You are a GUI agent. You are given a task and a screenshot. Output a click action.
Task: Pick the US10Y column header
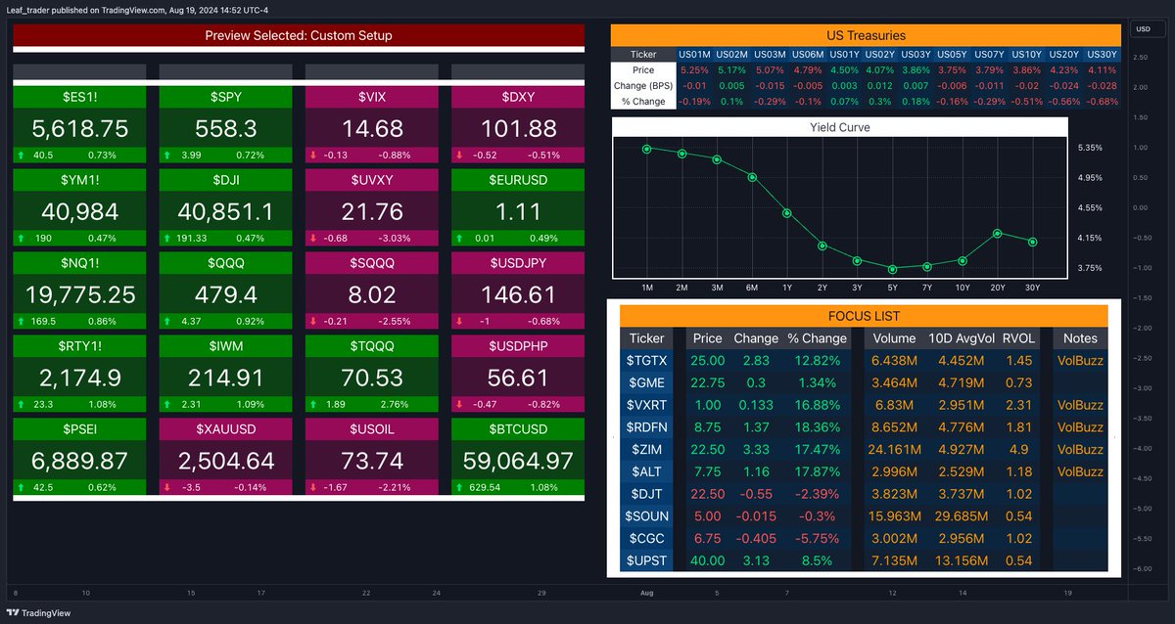click(x=1027, y=54)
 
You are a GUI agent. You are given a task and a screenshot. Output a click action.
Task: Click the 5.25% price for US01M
click(x=693, y=69)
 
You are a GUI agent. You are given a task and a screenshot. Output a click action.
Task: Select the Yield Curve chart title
click(x=839, y=127)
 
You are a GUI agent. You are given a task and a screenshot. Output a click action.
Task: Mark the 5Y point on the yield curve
click(x=892, y=269)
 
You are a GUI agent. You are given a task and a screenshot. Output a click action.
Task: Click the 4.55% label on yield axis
click(x=1090, y=207)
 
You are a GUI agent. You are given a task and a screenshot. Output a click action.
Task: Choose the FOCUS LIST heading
click(x=863, y=316)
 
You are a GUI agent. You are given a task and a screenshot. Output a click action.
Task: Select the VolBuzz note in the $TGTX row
click(x=1080, y=360)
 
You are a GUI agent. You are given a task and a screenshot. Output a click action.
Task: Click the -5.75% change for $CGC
click(x=816, y=539)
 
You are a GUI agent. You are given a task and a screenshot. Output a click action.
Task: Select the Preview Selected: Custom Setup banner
click(x=299, y=35)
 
